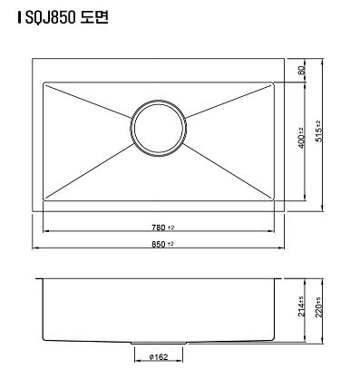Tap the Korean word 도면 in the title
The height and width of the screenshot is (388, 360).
click(x=94, y=17)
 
